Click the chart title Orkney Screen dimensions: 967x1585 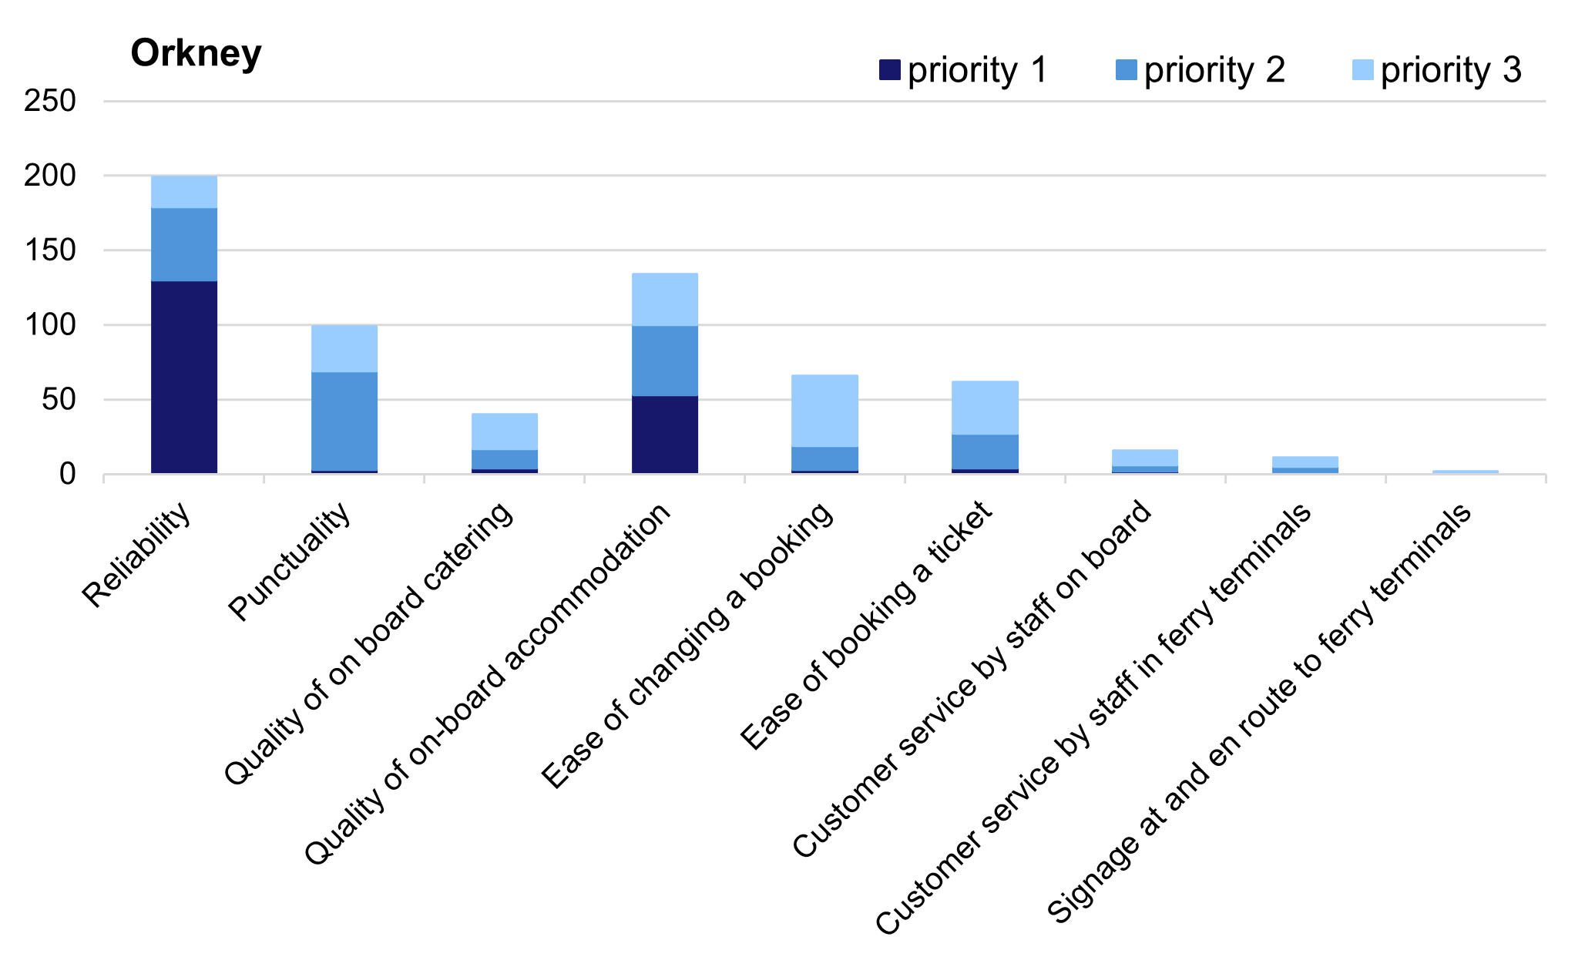coord(196,53)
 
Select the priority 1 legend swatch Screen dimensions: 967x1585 coord(890,71)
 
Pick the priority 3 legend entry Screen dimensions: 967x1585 coord(1437,71)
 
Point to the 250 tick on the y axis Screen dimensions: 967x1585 coord(50,101)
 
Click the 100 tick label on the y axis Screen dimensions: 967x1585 coord(50,325)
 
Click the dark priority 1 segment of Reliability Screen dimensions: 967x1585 coord(184,378)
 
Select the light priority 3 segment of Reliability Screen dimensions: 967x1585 coord(184,192)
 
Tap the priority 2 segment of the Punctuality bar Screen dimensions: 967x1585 coord(344,421)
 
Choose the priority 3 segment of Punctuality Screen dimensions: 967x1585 coord(344,349)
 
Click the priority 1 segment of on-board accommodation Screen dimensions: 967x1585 coord(665,435)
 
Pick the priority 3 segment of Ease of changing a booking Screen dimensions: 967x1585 coord(824,411)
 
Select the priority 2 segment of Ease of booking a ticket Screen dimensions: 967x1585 coord(985,452)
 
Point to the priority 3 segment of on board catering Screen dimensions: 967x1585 coord(505,431)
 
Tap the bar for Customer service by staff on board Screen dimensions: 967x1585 coord(1145,460)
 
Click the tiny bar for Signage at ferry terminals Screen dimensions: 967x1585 coord(1466,472)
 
